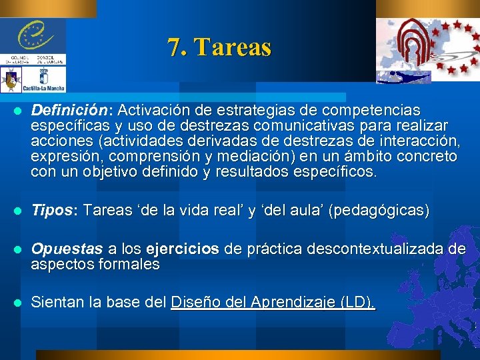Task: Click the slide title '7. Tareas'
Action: pos(219,48)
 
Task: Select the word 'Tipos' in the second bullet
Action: pos(48,211)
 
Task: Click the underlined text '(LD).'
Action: pos(357,302)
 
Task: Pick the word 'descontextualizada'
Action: pos(378,249)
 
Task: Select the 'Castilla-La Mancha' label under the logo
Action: pos(44,88)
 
